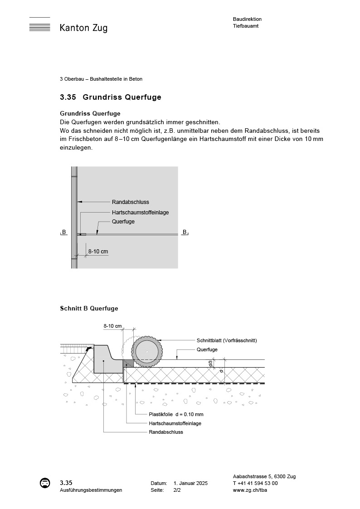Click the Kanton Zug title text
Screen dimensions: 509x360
point(83,28)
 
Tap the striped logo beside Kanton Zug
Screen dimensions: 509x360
point(39,25)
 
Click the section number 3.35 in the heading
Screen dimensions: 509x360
point(68,97)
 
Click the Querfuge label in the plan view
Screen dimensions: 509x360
point(123,222)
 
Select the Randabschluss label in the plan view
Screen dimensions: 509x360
point(131,202)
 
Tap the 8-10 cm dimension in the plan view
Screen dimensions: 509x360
point(98,251)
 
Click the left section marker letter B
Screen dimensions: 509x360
point(64,232)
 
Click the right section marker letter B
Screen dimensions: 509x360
point(185,232)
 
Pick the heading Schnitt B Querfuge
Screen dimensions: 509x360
point(89,309)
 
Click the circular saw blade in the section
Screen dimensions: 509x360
point(146,351)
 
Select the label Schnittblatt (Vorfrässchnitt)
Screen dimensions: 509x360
point(227,340)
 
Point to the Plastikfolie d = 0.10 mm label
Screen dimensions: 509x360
point(176,414)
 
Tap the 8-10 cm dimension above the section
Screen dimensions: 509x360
point(112,326)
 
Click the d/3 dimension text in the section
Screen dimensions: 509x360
point(210,363)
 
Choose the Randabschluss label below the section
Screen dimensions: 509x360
point(166,432)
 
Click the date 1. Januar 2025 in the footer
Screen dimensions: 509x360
point(190,484)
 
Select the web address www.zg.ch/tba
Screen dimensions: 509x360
point(250,490)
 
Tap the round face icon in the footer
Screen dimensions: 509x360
point(45,483)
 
